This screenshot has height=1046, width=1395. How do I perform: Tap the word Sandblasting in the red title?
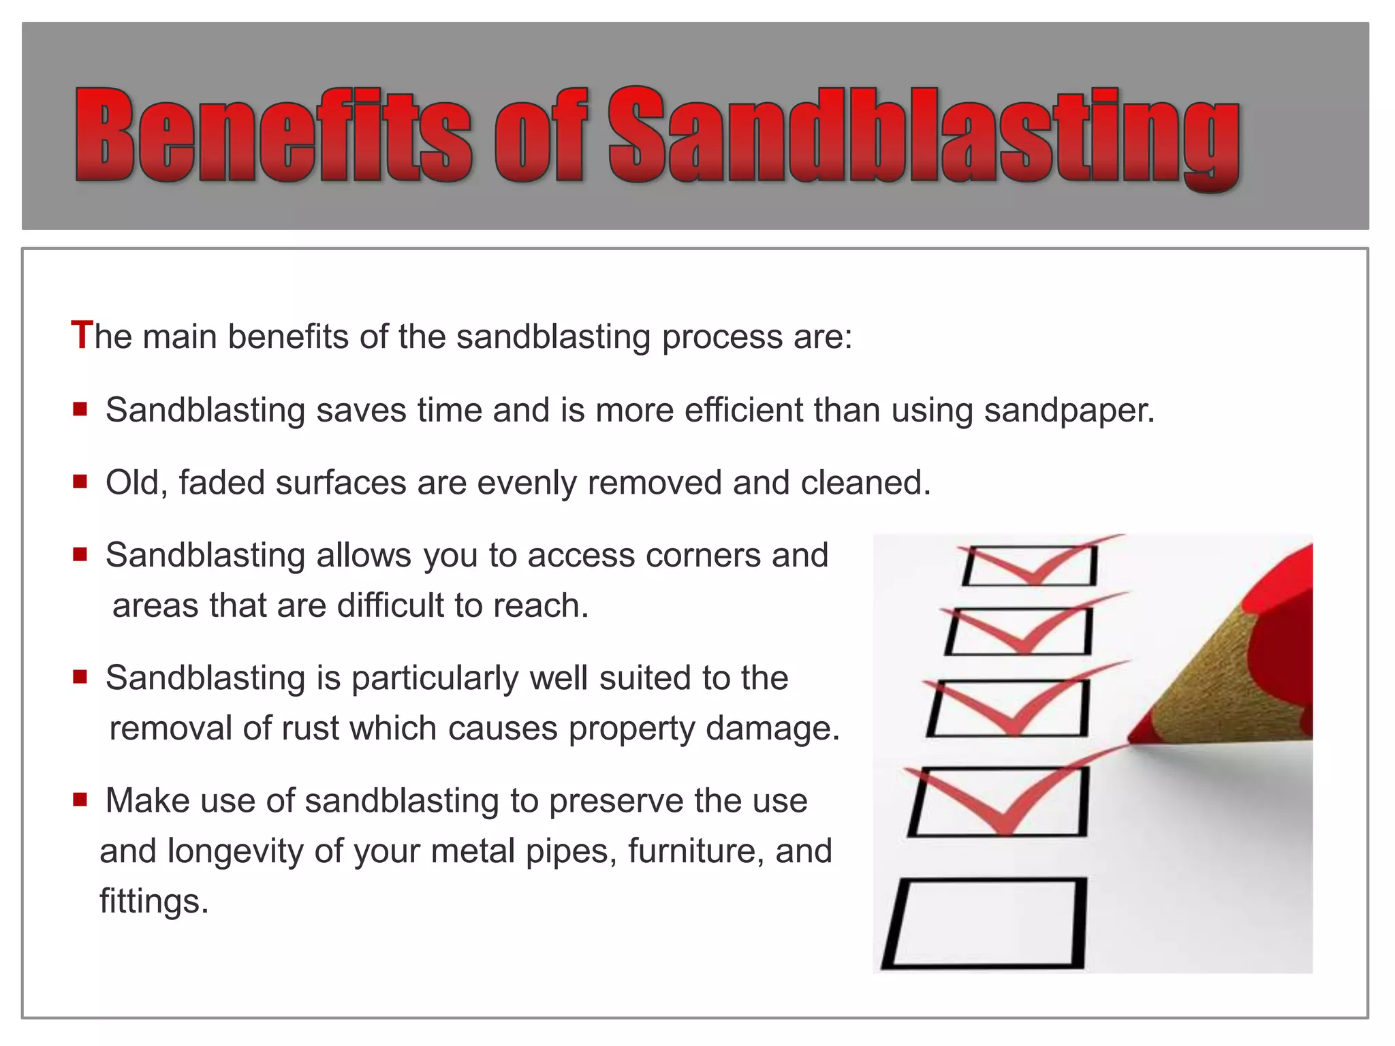[x=923, y=136]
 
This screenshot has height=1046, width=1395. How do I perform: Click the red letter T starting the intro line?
[x=81, y=335]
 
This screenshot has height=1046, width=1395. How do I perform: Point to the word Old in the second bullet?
[x=134, y=483]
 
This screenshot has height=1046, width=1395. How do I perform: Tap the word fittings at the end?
[x=153, y=901]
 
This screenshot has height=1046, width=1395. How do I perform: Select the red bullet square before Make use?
[x=80, y=799]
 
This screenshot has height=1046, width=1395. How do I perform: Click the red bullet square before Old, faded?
[x=80, y=481]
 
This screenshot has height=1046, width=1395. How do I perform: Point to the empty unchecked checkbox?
[x=985, y=923]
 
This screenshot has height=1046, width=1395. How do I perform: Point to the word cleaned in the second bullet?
[x=865, y=483]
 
